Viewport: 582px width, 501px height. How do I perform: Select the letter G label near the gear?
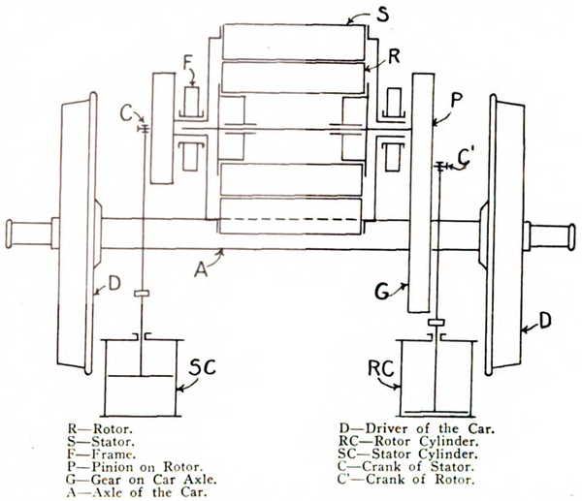point(384,290)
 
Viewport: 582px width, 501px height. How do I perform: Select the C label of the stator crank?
point(125,112)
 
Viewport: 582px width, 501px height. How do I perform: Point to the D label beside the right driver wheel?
point(546,318)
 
